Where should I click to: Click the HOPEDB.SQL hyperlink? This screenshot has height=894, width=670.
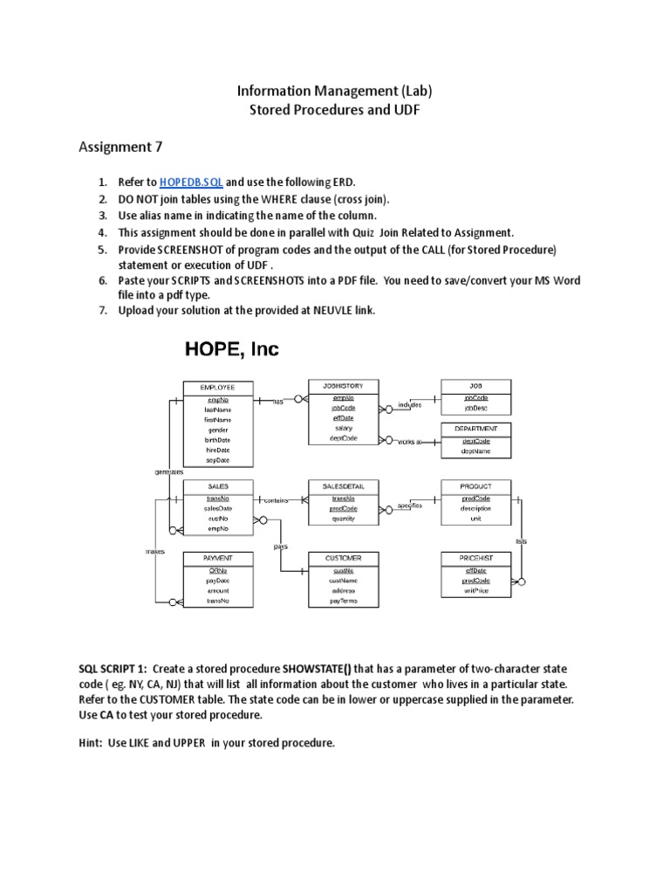pyautogui.click(x=191, y=182)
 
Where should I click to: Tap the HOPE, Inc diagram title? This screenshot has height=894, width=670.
pyautogui.click(x=232, y=350)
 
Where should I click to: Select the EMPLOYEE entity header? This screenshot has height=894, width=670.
pyautogui.click(x=217, y=387)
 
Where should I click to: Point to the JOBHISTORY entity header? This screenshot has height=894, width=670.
pyautogui.click(x=343, y=385)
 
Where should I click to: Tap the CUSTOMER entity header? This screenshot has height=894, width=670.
pyautogui.click(x=343, y=557)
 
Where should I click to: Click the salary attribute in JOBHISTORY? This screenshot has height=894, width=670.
pyautogui.click(x=343, y=428)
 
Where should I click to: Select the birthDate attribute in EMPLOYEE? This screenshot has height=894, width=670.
pyautogui.click(x=217, y=440)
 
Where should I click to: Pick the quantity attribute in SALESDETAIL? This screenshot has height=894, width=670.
pyautogui.click(x=343, y=519)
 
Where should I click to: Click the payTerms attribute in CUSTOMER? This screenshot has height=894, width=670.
pyautogui.click(x=343, y=602)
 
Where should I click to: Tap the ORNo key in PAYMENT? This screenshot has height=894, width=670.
pyautogui.click(x=217, y=569)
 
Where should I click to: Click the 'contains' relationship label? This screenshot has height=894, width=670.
pyautogui.click(x=276, y=500)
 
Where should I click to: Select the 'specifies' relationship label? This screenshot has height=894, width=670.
pyautogui.click(x=410, y=505)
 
